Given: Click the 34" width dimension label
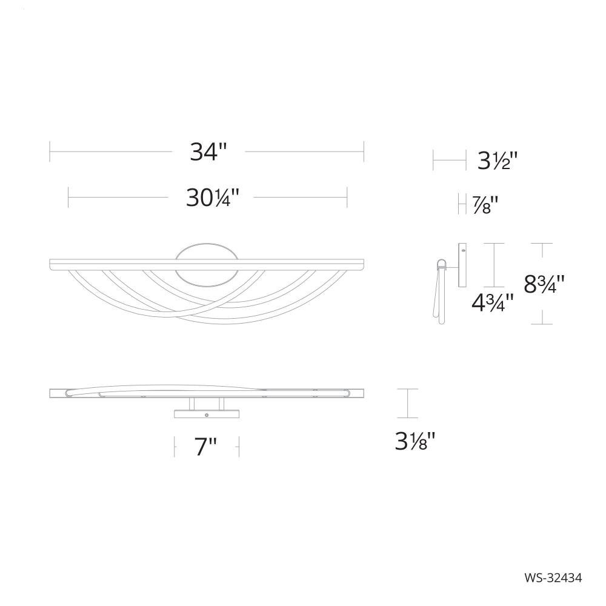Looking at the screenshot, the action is tap(207, 152).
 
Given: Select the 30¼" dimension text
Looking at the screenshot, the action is tap(213, 198).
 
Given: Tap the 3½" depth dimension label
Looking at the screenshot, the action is tap(497, 161).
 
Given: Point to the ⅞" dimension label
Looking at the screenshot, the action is tap(485, 205).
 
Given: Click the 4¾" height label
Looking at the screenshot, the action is tap(492, 302).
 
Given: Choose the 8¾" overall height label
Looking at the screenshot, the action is tap(544, 284).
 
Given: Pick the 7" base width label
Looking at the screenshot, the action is tap(205, 447).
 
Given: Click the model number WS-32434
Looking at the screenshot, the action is tap(553, 578).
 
